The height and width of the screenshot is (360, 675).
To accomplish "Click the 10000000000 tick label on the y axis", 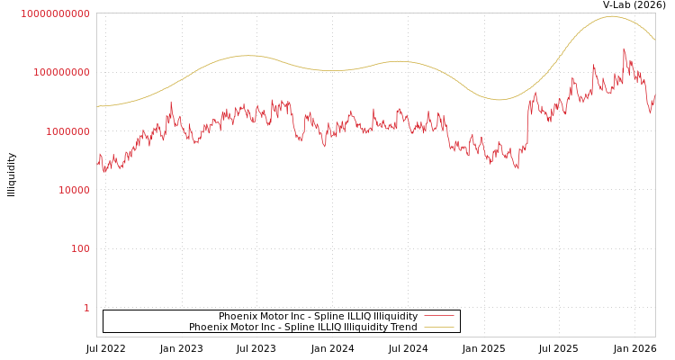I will tap(55, 13).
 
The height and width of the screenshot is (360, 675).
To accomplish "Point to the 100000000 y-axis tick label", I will tap(61, 72).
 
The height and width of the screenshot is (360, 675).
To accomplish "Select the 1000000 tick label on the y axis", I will tap(67, 131).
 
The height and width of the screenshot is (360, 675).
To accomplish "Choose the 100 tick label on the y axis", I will tap(80, 248).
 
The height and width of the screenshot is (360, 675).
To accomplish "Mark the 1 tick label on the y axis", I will tap(86, 308).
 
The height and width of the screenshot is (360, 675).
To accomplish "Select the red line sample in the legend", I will tap(439, 317).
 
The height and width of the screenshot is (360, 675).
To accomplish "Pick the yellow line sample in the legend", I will tap(439, 328).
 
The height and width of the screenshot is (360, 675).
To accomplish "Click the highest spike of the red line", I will tap(624, 49).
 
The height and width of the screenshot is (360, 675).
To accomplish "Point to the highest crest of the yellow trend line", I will tap(611, 16).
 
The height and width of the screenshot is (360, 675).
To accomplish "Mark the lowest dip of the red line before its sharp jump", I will tap(517, 168).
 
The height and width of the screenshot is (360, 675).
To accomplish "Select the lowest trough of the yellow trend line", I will tap(499, 100).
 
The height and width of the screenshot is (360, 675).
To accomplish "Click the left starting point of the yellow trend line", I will tap(97, 106).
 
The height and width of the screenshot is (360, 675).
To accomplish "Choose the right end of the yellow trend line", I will tap(654, 40).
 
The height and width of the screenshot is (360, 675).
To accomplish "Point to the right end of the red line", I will tap(654, 91).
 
